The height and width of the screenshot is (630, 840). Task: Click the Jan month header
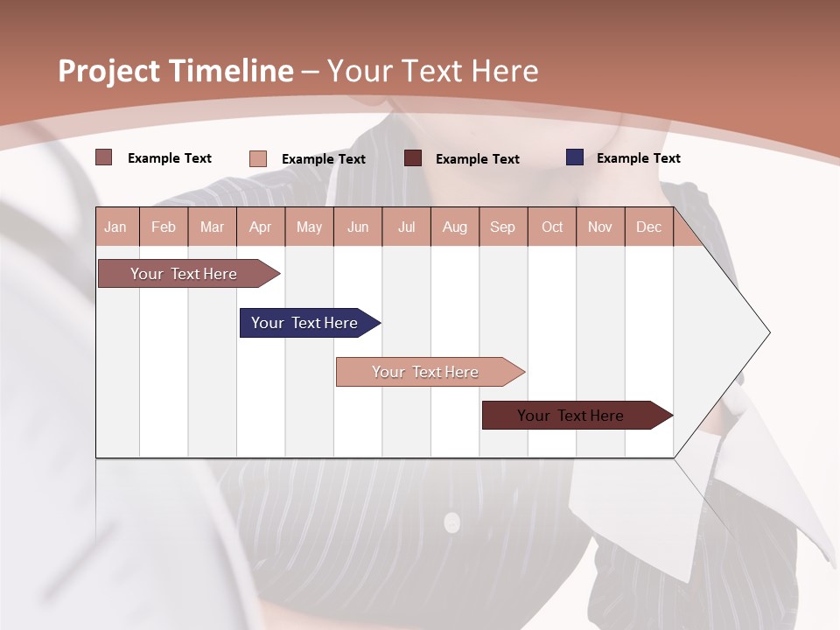[x=115, y=227]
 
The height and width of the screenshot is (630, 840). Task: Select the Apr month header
[x=261, y=227]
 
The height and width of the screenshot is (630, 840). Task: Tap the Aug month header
[x=455, y=227]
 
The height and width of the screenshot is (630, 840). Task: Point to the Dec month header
[x=649, y=227]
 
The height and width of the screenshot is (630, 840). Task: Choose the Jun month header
[x=358, y=227]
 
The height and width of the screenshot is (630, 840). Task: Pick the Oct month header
[x=552, y=227]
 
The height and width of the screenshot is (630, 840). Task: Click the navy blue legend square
[x=575, y=157]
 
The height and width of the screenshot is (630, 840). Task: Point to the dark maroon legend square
[x=413, y=158]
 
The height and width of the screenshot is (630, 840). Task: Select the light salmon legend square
[x=258, y=158]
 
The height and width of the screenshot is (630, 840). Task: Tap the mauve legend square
[x=104, y=157]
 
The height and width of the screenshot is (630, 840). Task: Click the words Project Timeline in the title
[x=176, y=71]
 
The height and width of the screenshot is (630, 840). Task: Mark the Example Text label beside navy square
[x=638, y=158]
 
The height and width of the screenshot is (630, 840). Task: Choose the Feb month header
[x=164, y=227]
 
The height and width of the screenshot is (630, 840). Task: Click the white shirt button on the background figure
[x=451, y=523]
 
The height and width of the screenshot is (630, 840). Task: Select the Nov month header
[x=600, y=227]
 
